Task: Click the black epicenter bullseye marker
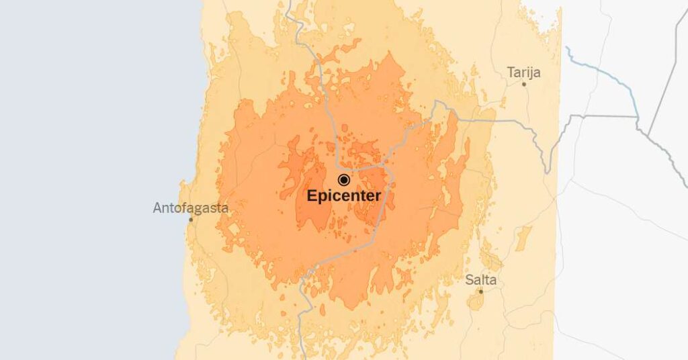[344, 179]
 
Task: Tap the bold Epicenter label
[344, 196]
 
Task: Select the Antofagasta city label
[191, 208]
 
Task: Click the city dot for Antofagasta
[191, 220]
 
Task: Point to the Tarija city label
[524, 72]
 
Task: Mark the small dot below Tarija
[525, 84]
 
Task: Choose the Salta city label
[481, 279]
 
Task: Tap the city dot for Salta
[480, 291]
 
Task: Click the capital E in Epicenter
[312, 196]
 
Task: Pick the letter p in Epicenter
[322, 197]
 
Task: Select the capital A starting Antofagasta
[157, 208]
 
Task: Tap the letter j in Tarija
[534, 73]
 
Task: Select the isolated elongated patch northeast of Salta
[523, 238]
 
